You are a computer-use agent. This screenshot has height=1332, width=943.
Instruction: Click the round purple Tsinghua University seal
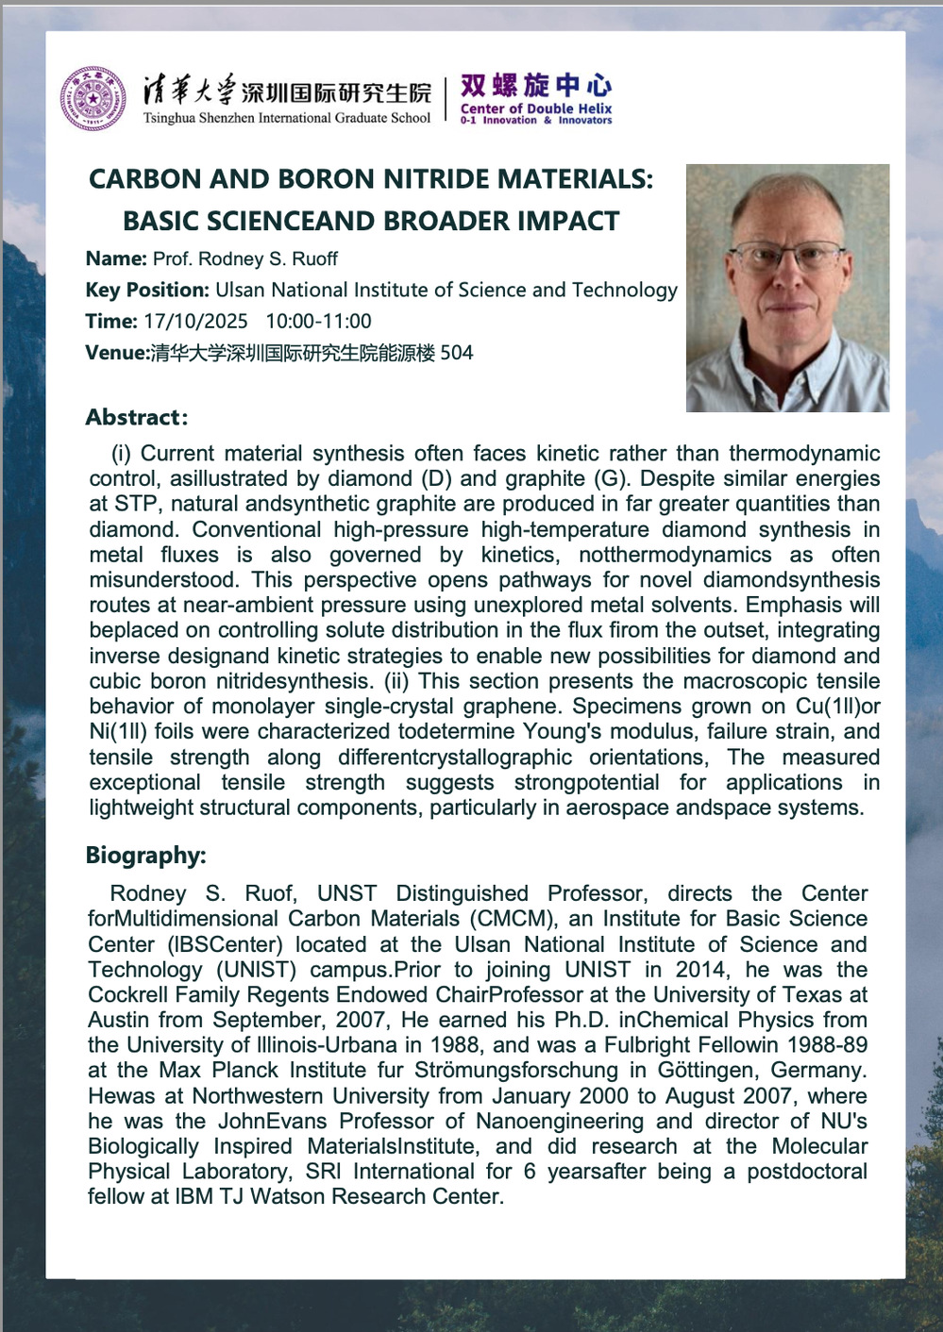point(93,98)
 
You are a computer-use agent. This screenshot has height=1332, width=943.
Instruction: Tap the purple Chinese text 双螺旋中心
point(535,86)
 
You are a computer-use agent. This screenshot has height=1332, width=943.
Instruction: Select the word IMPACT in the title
point(569,222)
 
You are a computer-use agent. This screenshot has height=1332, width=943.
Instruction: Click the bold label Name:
point(116,258)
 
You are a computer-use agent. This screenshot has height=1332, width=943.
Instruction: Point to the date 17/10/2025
point(195,322)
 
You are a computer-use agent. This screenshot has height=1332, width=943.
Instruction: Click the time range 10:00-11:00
point(318,322)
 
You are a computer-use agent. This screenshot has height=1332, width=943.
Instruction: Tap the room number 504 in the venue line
point(457,353)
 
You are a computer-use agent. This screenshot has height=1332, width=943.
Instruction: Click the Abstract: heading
point(137,417)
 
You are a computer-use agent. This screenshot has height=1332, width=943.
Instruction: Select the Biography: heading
point(145,856)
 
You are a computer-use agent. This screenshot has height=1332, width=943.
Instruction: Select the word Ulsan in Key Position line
point(244,291)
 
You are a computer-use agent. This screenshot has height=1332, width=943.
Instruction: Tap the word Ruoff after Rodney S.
point(314,258)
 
